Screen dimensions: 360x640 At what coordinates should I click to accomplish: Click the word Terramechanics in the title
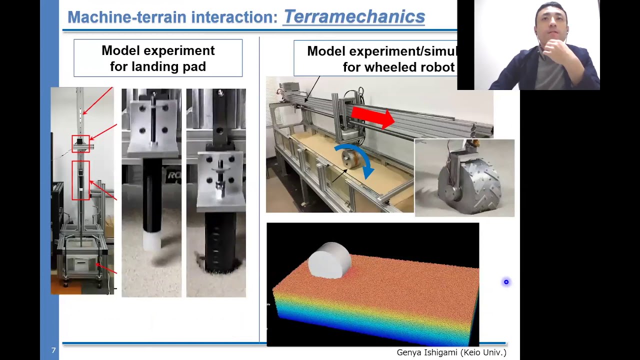pos(354,16)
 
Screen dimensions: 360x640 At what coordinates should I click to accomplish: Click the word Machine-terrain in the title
pos(127,17)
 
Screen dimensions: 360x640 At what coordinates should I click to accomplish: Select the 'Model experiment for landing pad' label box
pos(158,58)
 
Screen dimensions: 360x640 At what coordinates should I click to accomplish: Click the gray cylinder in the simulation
pos(329,259)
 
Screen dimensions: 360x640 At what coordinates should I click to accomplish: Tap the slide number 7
pos(53,350)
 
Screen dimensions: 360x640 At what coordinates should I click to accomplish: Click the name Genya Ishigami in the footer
pos(428,352)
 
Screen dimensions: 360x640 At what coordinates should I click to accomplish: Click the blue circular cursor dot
pos(506,282)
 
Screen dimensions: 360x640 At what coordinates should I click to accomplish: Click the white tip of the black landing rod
pos(152,240)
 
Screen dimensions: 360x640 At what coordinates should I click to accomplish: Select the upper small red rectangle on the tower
pos(81,143)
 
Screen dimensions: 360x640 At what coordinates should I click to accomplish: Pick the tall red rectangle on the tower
pos(80,180)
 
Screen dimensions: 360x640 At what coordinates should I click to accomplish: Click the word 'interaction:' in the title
pos(234,17)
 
